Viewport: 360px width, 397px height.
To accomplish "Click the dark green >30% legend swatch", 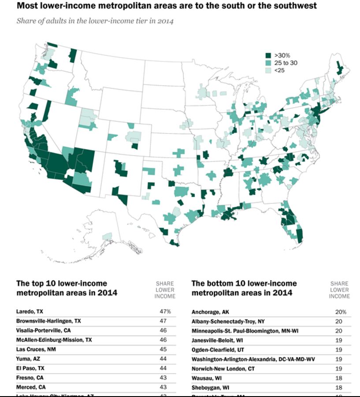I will [267, 55].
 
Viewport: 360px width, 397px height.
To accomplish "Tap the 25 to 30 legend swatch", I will [267, 63].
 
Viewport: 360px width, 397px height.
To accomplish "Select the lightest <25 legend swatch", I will [267, 70].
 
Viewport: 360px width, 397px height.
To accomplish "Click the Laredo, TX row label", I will [30, 312].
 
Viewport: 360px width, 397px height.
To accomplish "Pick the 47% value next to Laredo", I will [165, 312].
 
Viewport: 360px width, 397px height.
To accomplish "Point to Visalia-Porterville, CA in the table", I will [43, 330].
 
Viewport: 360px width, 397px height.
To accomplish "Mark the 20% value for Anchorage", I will [341, 312].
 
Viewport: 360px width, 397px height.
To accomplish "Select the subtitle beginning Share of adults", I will [95, 21].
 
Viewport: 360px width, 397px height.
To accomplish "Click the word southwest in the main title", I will [295, 6].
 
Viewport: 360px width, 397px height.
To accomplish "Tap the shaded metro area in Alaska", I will [107, 237].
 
